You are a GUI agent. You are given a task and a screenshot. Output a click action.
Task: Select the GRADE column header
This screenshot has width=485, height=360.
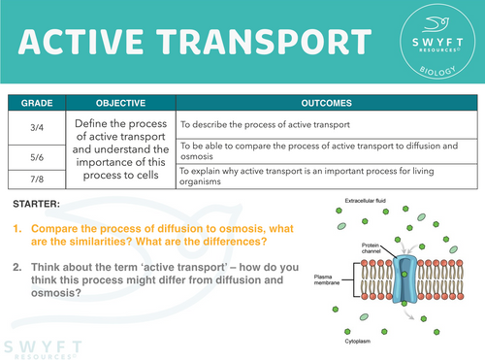[36, 101]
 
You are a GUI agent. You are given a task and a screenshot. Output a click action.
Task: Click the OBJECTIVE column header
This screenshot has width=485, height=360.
[120, 101]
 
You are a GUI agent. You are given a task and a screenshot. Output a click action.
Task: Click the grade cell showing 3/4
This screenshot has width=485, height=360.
[36, 124]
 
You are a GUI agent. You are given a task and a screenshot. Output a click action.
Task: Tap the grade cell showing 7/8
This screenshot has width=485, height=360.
[36, 178]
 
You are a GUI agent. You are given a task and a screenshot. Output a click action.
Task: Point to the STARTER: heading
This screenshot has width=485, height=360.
[37, 205]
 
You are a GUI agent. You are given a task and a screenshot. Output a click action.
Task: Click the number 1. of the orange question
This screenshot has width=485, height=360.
[17, 227]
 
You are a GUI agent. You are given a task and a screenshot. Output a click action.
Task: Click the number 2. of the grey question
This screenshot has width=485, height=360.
[17, 267]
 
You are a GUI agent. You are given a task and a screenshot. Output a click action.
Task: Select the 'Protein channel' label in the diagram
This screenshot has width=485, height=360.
[374, 248]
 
